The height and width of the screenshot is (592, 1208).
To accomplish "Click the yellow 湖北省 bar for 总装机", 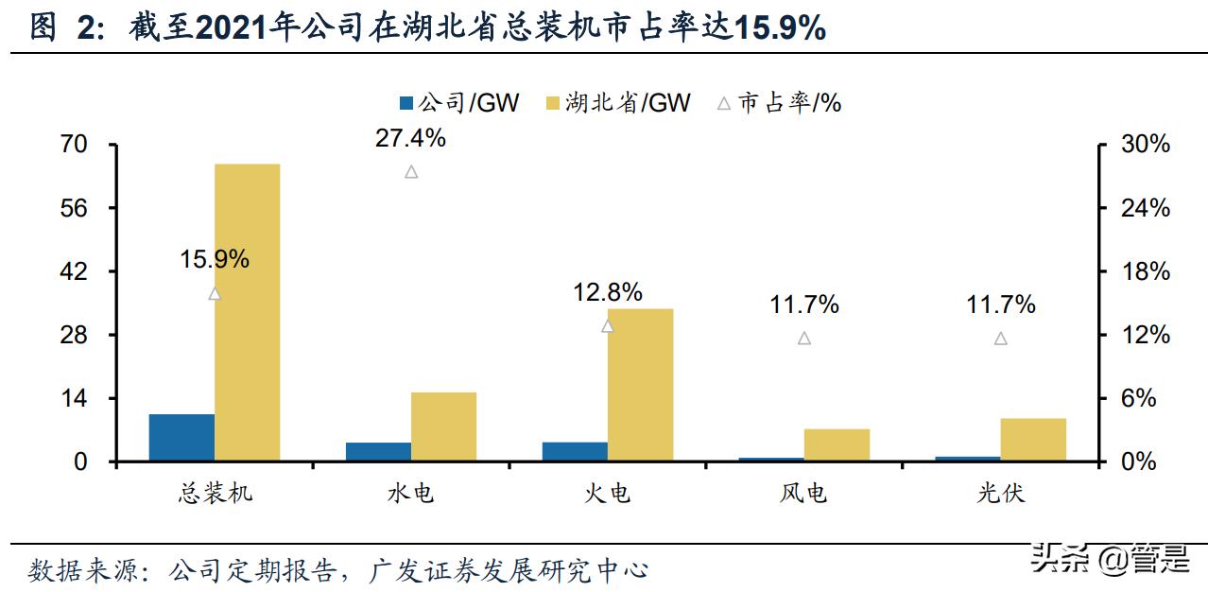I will (247, 312).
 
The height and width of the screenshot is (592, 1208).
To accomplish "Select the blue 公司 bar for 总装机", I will (181, 437).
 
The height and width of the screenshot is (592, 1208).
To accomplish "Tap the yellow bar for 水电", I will (443, 427).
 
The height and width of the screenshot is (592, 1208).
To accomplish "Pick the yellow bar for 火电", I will (640, 385).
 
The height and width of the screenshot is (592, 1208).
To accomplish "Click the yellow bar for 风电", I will (837, 444).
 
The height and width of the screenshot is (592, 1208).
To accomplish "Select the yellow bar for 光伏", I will (1033, 439).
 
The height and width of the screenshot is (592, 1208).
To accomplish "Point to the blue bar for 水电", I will (378, 451).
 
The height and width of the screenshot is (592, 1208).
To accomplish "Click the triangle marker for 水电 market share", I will (411, 172).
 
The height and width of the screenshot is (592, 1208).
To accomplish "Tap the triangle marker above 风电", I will (804, 339).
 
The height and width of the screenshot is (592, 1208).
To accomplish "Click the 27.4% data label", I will (410, 138).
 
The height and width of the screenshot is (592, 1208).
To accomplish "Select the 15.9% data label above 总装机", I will (215, 259).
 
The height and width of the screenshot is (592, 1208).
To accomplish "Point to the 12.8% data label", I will (608, 292).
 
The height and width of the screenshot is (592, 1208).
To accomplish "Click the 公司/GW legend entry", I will (459, 103).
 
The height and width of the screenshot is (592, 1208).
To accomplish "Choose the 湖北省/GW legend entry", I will (618, 103).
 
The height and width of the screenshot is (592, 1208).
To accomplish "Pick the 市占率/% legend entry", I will (779, 103).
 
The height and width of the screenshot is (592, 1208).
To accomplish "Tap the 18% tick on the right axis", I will (1146, 271).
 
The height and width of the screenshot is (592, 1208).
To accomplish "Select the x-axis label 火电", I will (608, 494).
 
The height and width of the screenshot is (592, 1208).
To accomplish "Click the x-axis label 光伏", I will (1001, 494).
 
